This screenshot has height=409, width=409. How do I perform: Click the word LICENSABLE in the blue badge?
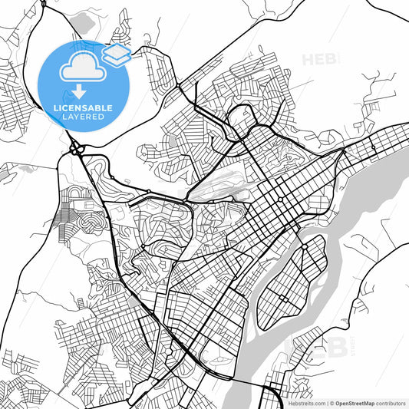(x=84, y=107)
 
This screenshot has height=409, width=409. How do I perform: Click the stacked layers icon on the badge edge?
(x=117, y=54)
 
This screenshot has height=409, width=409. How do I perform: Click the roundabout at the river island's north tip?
(x=305, y=246)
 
